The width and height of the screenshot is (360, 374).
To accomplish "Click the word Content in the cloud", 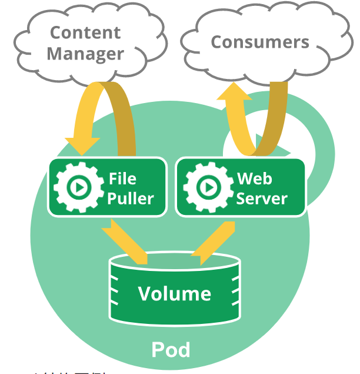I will (x=85, y=32).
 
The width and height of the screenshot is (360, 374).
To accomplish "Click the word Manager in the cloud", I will (x=85, y=54).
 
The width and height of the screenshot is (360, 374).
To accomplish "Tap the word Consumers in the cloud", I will (x=259, y=42).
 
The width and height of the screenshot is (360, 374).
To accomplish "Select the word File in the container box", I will (x=122, y=178).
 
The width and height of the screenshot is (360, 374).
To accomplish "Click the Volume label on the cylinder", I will (x=174, y=293).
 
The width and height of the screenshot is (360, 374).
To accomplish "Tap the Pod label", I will (x=171, y=349).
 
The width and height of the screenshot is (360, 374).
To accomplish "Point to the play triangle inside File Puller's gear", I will (x=77, y=188).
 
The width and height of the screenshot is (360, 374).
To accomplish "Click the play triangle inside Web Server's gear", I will (x=207, y=188).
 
